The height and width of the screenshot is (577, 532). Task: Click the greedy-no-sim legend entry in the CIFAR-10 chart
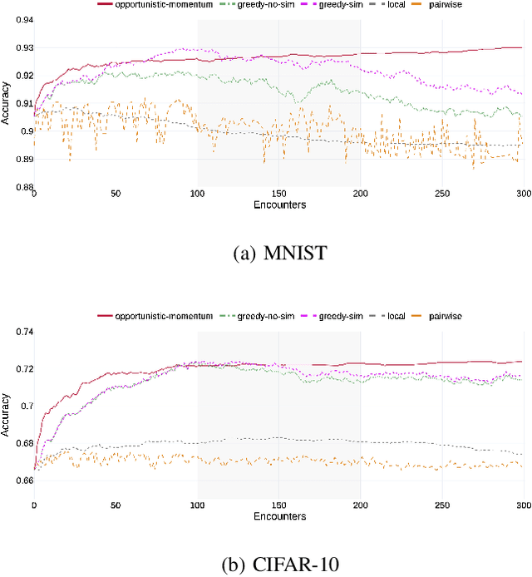click(x=249, y=316)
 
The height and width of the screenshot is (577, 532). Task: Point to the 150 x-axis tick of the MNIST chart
click(x=278, y=194)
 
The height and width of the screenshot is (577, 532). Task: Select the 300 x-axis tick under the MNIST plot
click(x=522, y=194)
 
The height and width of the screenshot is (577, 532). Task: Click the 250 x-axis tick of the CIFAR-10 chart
click(x=441, y=505)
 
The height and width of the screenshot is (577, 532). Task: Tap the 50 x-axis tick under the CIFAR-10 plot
click(x=116, y=505)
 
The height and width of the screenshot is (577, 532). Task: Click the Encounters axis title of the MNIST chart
click(x=278, y=205)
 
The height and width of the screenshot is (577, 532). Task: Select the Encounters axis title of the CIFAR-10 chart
click(x=278, y=516)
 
